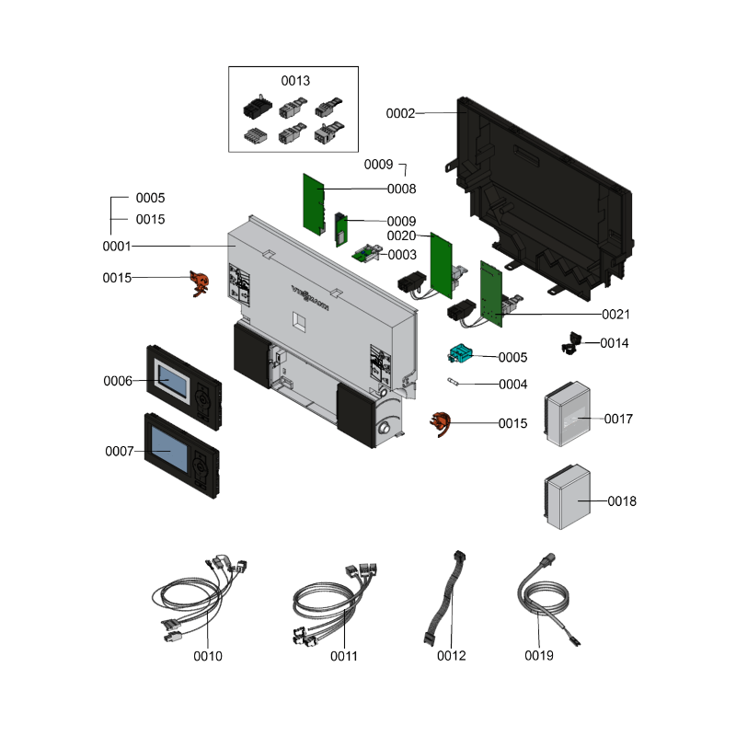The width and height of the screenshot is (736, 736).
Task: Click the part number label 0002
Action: pos(400,113)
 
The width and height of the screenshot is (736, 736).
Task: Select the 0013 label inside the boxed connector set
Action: pos(295,81)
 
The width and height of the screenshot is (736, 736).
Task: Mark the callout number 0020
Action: pos(401,236)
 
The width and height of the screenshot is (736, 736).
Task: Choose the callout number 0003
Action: pos(402,255)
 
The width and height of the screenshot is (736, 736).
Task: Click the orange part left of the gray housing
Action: pos(197,282)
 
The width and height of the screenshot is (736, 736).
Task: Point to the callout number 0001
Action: pos(117,247)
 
